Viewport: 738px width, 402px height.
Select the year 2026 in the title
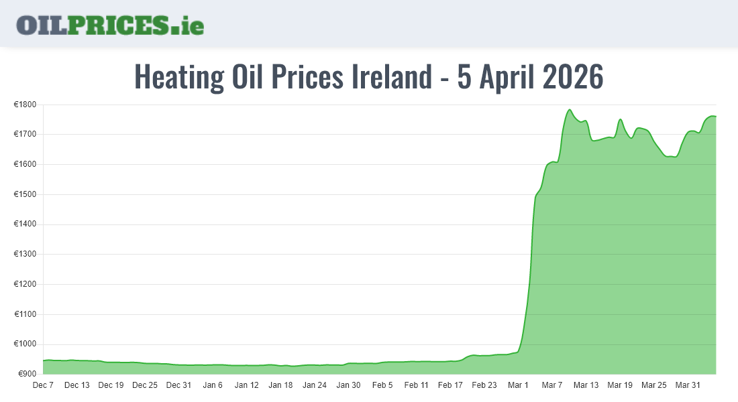572,76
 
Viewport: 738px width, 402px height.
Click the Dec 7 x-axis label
43,385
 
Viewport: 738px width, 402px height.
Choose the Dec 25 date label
145,385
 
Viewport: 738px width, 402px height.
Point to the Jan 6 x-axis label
213,385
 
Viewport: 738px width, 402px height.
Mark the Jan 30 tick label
348,385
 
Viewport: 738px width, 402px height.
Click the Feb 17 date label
450,385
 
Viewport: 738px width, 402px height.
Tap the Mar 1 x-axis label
518,385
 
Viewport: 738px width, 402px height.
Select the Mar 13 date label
586,385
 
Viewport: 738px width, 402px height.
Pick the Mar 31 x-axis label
688,385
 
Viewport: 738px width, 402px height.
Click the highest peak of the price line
570,110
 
